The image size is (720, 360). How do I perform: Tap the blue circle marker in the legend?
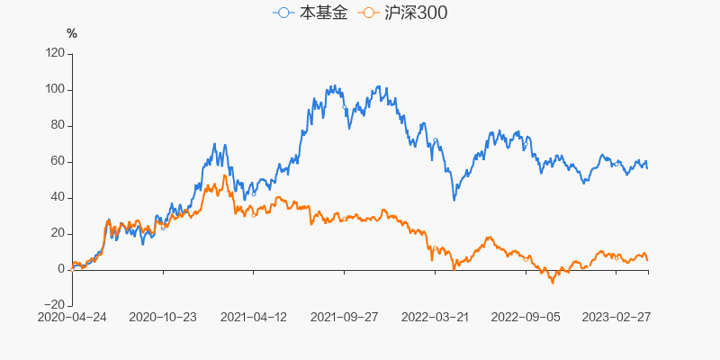click(x=284, y=13)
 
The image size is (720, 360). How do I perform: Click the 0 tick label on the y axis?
click(x=60, y=269)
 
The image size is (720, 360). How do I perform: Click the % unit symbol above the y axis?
click(x=72, y=33)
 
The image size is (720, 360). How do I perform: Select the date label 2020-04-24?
click(x=72, y=317)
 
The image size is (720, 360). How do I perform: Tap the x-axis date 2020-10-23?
click(x=163, y=317)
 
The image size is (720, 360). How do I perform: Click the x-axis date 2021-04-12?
click(x=253, y=317)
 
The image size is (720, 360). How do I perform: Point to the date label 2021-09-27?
click(x=344, y=317)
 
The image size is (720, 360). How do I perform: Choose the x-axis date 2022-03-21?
click(x=435, y=317)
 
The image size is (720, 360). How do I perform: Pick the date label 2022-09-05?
click(x=526, y=317)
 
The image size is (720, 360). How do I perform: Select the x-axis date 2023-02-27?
click(x=616, y=317)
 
